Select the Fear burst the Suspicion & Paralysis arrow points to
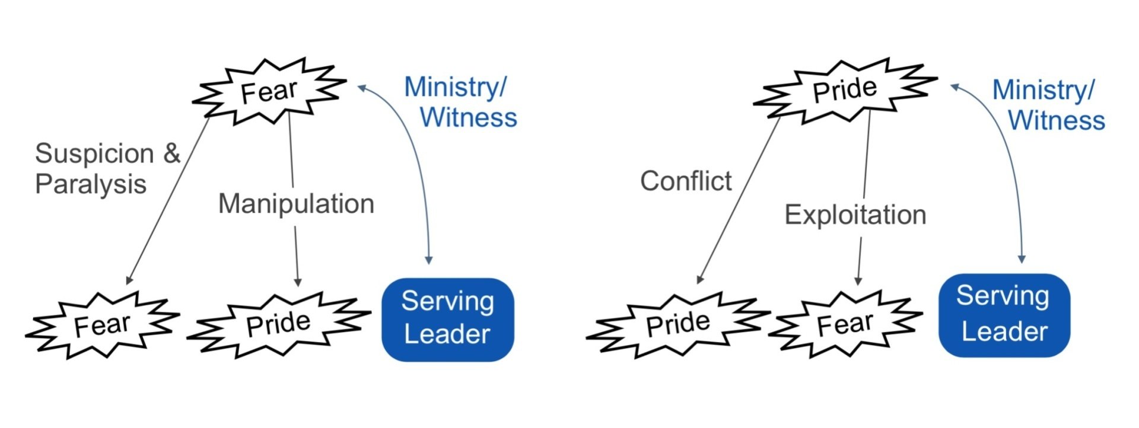tap(102, 325)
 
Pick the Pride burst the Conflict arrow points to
tap(677, 324)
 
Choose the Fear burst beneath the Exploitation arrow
tap(845, 324)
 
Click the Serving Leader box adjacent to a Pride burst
tap(447, 319)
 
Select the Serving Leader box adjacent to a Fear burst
tap(1004, 315)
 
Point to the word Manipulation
tap(296, 204)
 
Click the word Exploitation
tap(855, 215)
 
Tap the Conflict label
tap(686, 181)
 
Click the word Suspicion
tap(94, 154)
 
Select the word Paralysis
tap(90, 184)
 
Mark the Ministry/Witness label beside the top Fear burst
tap(460, 102)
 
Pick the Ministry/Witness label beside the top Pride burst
tap(1048, 105)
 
